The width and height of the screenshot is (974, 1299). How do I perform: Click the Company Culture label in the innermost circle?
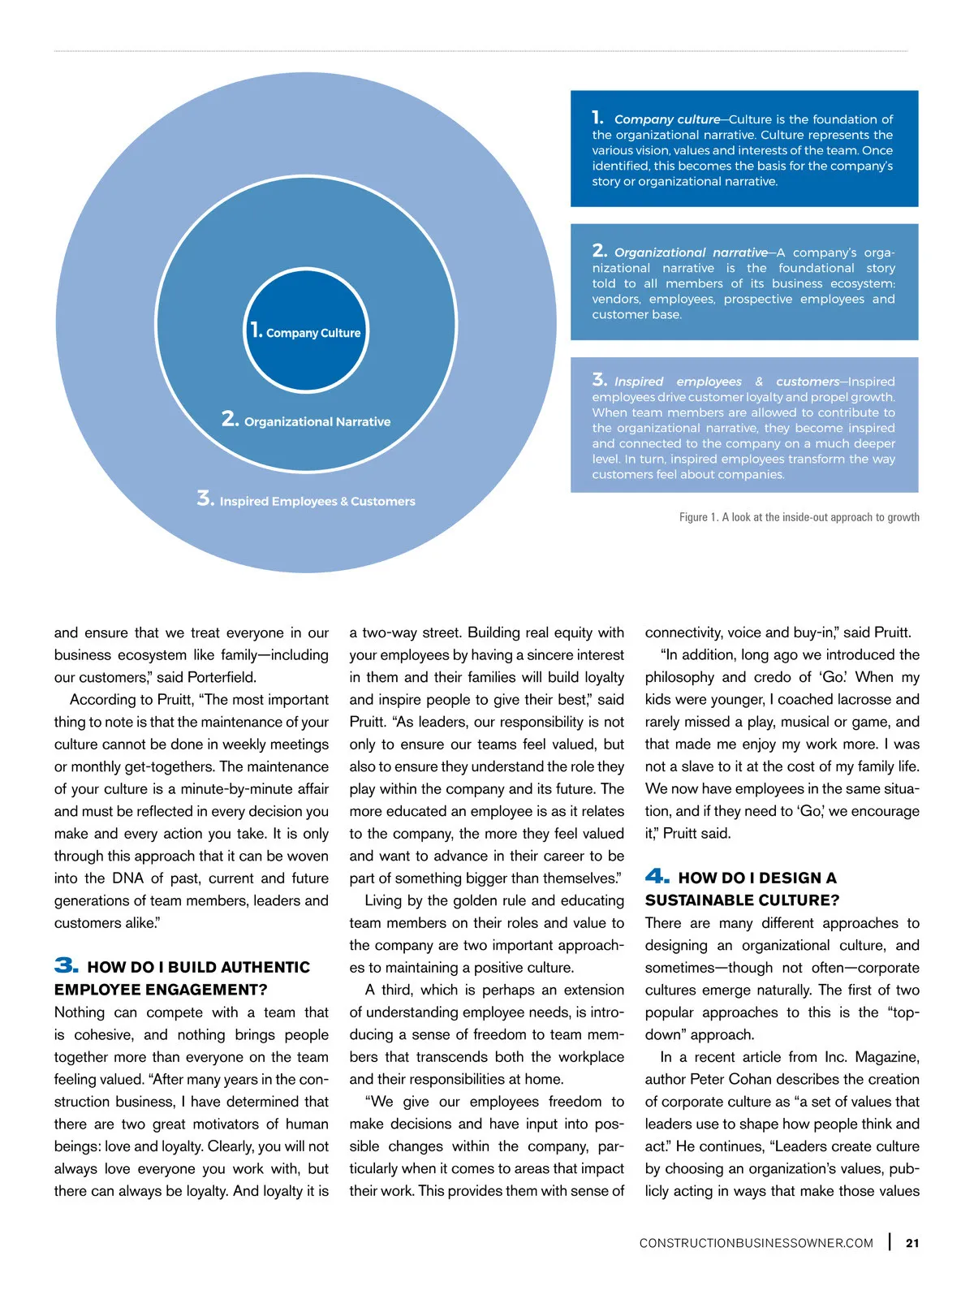(x=312, y=333)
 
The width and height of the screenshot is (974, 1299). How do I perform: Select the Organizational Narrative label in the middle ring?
(x=317, y=421)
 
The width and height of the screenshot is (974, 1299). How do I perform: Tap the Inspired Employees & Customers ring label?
(x=317, y=501)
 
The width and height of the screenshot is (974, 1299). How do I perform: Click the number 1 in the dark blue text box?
(x=597, y=118)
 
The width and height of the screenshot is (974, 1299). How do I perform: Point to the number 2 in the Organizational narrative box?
(x=599, y=251)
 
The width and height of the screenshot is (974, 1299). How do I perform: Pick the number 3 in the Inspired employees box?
(x=599, y=380)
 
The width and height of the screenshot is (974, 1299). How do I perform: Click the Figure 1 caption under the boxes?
(x=799, y=517)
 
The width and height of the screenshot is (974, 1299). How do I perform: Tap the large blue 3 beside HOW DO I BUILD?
(x=67, y=965)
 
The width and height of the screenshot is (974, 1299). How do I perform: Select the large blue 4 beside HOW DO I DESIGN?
(x=657, y=876)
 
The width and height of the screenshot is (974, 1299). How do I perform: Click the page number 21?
(x=912, y=1243)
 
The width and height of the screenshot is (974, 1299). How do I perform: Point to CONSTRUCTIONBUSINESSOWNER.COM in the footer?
(x=756, y=1243)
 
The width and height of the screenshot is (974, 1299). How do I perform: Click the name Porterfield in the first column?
(x=221, y=677)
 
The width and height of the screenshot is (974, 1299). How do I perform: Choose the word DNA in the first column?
(x=127, y=878)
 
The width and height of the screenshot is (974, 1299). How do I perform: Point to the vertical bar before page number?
(x=890, y=1242)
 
